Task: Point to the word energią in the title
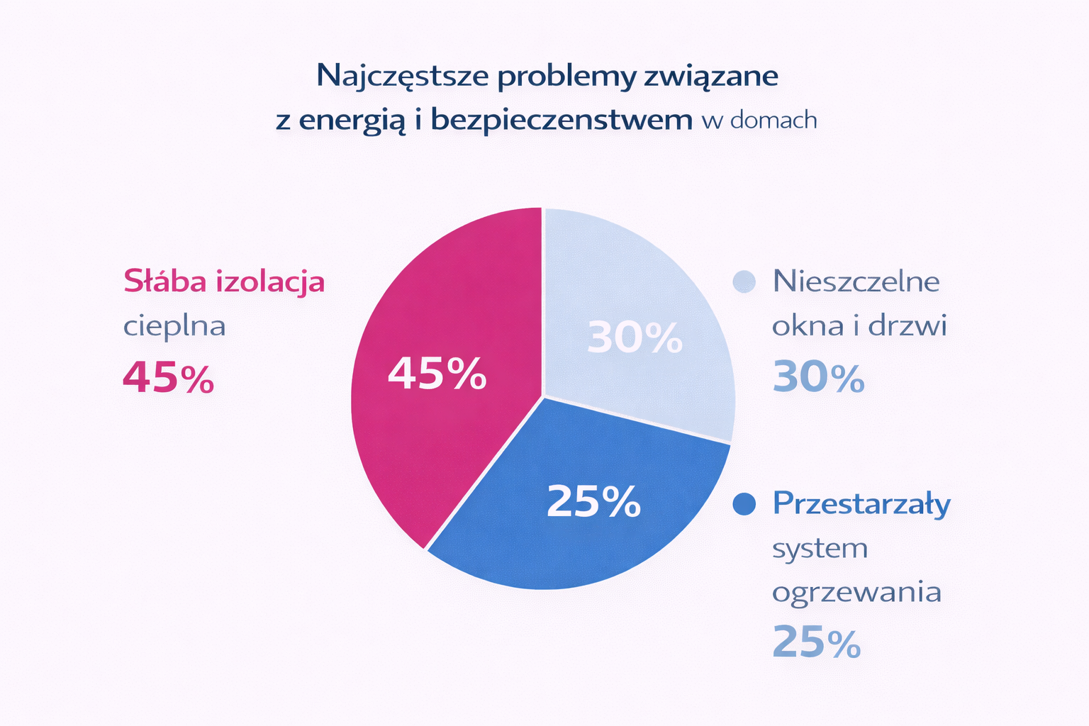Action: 352,121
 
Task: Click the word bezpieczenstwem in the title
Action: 562,119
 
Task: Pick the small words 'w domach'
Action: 759,120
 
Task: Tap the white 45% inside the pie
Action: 437,373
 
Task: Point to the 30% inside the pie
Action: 635,337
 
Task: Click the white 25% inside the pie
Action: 593,501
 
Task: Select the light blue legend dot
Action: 744,281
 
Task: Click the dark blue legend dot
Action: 744,504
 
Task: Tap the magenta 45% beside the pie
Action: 168,377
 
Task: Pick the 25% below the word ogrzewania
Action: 816,642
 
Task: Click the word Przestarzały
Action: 861,504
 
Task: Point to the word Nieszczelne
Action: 856,281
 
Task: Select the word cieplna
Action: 174,326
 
